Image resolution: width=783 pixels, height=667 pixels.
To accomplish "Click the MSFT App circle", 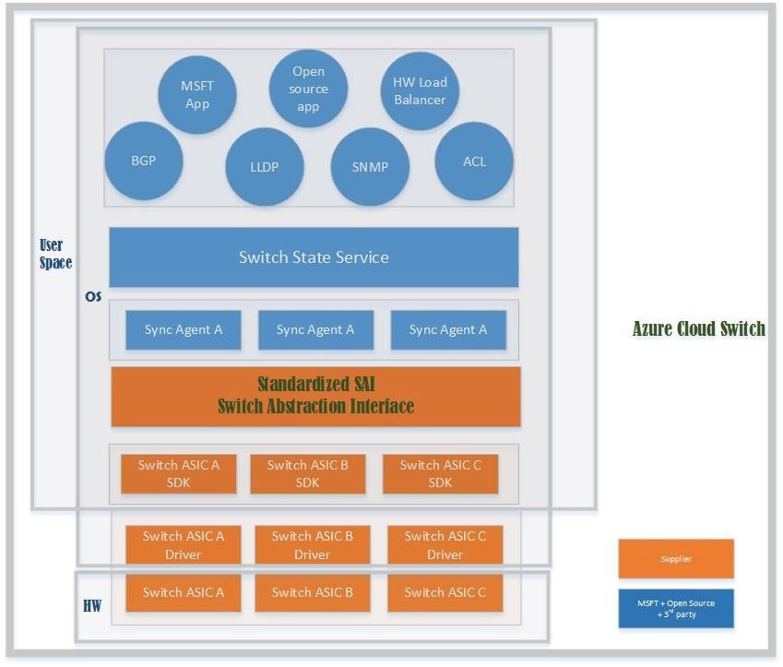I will tap(196, 95).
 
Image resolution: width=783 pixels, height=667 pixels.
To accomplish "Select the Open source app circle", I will tap(309, 89).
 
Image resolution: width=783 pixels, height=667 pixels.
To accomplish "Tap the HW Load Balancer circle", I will tap(420, 91).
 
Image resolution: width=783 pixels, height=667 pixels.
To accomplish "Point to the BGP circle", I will tap(144, 161).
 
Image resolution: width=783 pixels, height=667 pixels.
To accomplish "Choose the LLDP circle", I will tap(265, 167).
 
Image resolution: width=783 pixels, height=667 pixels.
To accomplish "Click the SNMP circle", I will tap(370, 167).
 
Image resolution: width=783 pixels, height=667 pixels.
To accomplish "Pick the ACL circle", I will tap(474, 161).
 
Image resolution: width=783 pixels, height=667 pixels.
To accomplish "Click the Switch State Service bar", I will tap(314, 257).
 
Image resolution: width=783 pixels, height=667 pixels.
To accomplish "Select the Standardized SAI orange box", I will tap(315, 396).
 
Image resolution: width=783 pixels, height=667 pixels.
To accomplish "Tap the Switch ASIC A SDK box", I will tap(179, 473).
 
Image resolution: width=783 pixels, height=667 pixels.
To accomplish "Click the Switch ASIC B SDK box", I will tap(308, 473).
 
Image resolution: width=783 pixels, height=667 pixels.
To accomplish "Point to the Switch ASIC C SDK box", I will tap(441, 473).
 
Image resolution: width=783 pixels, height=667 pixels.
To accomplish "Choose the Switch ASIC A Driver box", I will tap(184, 544).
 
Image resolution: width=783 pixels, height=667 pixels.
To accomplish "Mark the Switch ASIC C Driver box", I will tap(445, 544).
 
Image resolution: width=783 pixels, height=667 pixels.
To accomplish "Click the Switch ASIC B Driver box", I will tap(313, 544).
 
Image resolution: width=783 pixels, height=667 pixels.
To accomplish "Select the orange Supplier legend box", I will tap(676, 559).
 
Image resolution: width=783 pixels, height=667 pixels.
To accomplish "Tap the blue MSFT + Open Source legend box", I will tap(676, 608).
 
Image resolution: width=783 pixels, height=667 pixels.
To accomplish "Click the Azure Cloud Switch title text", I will tap(698, 329).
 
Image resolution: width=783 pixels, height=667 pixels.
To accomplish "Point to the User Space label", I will tap(55, 254).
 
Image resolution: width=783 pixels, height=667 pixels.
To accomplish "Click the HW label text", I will tap(92, 606).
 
